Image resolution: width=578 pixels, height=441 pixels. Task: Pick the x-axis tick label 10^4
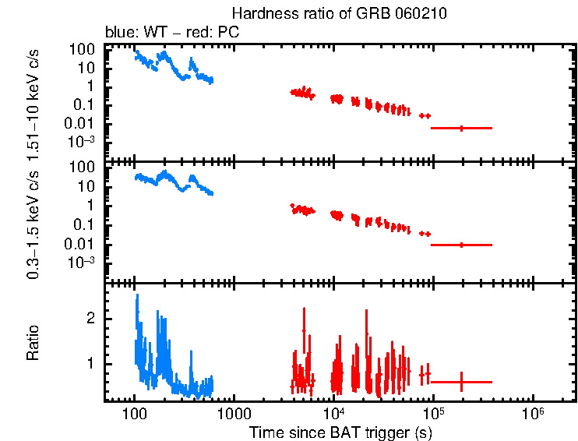point(333,411)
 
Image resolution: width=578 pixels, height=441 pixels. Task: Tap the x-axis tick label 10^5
point(433,411)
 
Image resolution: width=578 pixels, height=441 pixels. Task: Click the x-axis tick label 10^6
point(533,411)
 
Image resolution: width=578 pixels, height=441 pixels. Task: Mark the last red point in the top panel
point(461,128)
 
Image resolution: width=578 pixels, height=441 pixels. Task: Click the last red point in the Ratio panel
point(461,382)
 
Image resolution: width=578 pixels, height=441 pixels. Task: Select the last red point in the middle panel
point(461,245)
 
